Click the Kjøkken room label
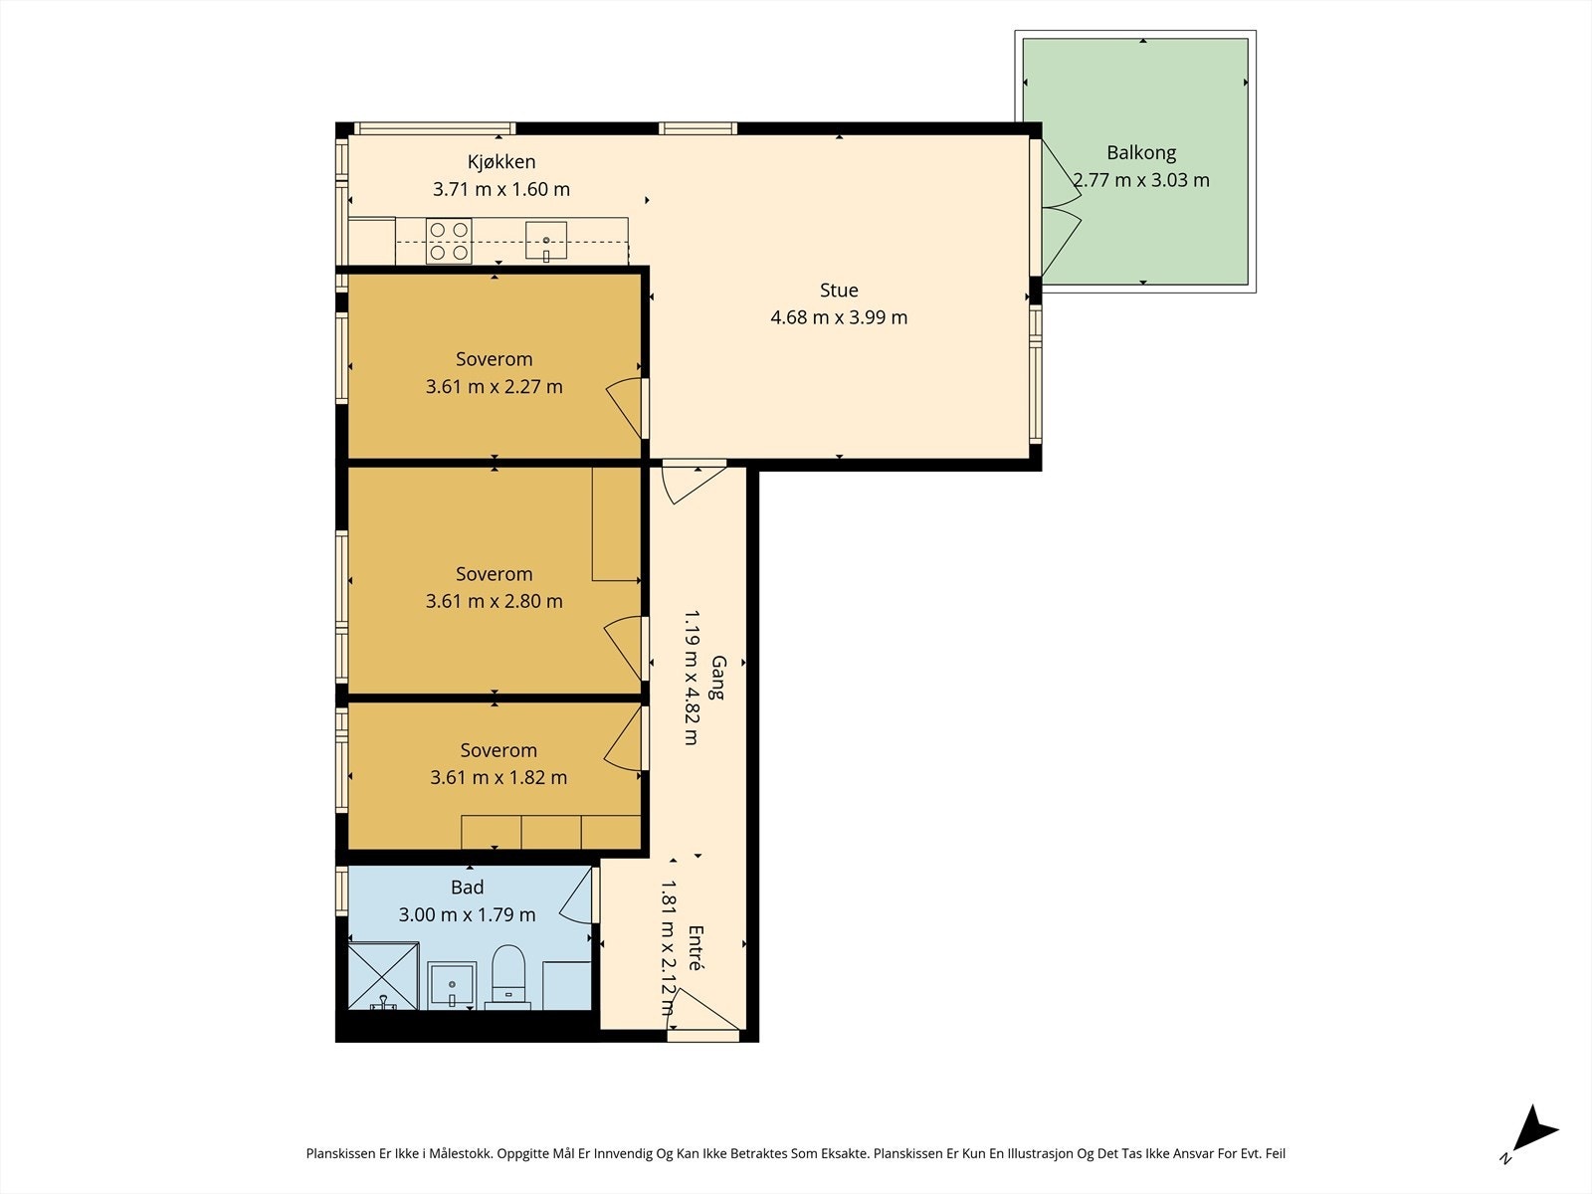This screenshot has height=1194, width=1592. pyautogui.click(x=501, y=162)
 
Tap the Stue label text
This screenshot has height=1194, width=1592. pyautogui.click(x=839, y=290)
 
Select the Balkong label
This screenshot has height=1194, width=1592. pyautogui.click(x=1141, y=153)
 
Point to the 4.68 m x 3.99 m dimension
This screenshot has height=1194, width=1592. pyautogui.click(x=839, y=317)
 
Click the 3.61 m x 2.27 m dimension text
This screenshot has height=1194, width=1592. pyautogui.click(x=494, y=386)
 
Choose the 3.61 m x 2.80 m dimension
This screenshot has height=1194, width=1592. pyautogui.click(x=494, y=601)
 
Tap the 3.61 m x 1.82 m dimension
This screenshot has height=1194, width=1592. pyautogui.click(x=498, y=777)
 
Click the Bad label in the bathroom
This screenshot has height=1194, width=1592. pyautogui.click(x=467, y=887)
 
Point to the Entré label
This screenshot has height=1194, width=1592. pyautogui.click(x=696, y=947)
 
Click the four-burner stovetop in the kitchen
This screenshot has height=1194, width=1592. pyautogui.click(x=448, y=242)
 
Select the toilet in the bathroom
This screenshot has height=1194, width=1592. pyautogui.click(x=507, y=977)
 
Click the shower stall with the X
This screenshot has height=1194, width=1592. pyautogui.click(x=384, y=976)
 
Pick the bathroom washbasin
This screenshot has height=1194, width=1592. pyautogui.click(x=451, y=985)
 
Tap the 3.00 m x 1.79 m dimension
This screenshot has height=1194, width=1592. pyautogui.click(x=467, y=914)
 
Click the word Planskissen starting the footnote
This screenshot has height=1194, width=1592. pyautogui.click(x=341, y=1153)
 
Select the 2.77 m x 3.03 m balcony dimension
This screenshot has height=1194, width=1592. pyautogui.click(x=1141, y=180)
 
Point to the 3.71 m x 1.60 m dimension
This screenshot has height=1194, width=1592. pyautogui.click(x=501, y=189)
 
